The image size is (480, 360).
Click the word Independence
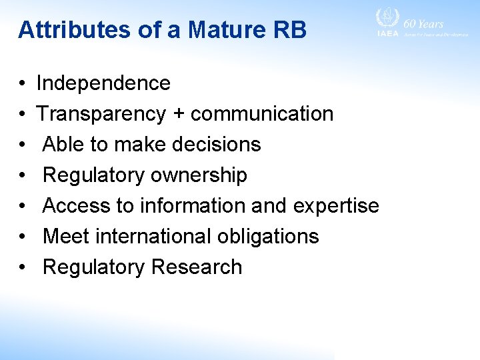pyautogui.click(x=103, y=83)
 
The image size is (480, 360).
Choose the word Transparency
pyautogui.click(x=101, y=114)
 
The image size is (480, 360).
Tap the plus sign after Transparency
pyautogui.click(x=178, y=115)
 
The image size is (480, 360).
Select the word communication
pyautogui.click(x=262, y=114)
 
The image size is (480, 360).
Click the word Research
pyautogui.click(x=196, y=267)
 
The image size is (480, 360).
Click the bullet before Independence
pyautogui.click(x=22, y=84)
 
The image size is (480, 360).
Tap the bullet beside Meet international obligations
pyautogui.click(x=22, y=237)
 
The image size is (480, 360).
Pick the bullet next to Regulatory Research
pyautogui.click(x=22, y=268)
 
